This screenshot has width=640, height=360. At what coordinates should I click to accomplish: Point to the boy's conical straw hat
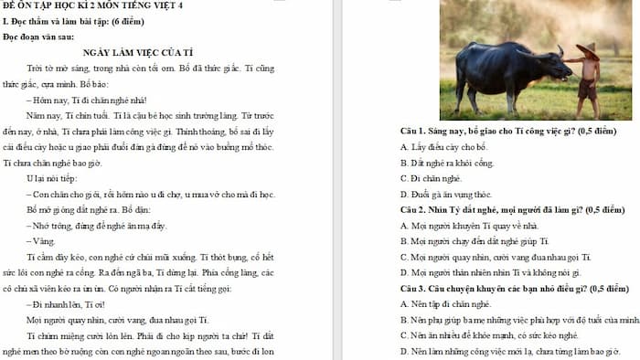[x=587, y=53]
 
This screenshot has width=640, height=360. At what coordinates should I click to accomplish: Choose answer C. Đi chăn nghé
[x=435, y=178]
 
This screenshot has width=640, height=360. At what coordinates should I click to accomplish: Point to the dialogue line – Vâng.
[x=40, y=240]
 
